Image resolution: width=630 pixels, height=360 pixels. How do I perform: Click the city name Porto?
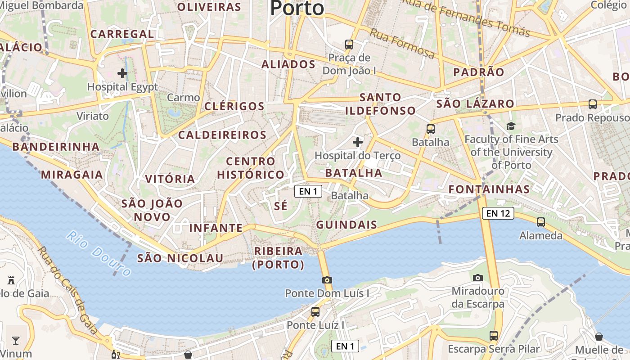[x=297, y=8]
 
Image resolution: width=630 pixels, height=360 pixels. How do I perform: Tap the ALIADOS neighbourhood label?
[x=288, y=64]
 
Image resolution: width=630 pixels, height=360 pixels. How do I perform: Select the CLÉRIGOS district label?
[x=234, y=107]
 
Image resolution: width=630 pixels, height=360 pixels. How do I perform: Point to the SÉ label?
[x=280, y=206]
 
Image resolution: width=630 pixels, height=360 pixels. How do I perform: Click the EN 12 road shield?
[x=498, y=213]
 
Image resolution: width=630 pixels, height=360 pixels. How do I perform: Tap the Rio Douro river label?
[x=99, y=253]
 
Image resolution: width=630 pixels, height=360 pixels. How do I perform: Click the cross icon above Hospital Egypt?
[x=122, y=73]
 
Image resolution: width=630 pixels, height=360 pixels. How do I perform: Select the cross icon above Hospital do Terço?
[x=358, y=143]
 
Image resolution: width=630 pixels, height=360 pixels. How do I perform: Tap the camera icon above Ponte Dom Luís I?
[x=327, y=280]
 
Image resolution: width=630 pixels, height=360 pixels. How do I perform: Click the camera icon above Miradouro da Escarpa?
[x=478, y=278]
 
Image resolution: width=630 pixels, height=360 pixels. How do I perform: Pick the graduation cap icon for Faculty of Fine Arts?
[x=510, y=126]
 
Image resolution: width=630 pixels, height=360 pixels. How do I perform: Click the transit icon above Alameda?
[x=541, y=222]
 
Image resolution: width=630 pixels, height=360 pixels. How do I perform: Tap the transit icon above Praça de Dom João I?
[x=349, y=44]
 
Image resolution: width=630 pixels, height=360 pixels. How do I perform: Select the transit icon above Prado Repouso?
[x=593, y=104]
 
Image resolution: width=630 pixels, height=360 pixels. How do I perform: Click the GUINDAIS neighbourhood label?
[x=346, y=225]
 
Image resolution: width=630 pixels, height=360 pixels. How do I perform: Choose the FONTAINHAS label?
[x=489, y=189]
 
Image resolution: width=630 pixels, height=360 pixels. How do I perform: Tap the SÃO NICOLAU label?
[x=180, y=258]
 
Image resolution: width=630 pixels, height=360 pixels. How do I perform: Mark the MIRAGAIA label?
[x=72, y=175]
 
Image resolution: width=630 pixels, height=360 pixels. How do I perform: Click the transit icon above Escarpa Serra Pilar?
[x=494, y=335]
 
